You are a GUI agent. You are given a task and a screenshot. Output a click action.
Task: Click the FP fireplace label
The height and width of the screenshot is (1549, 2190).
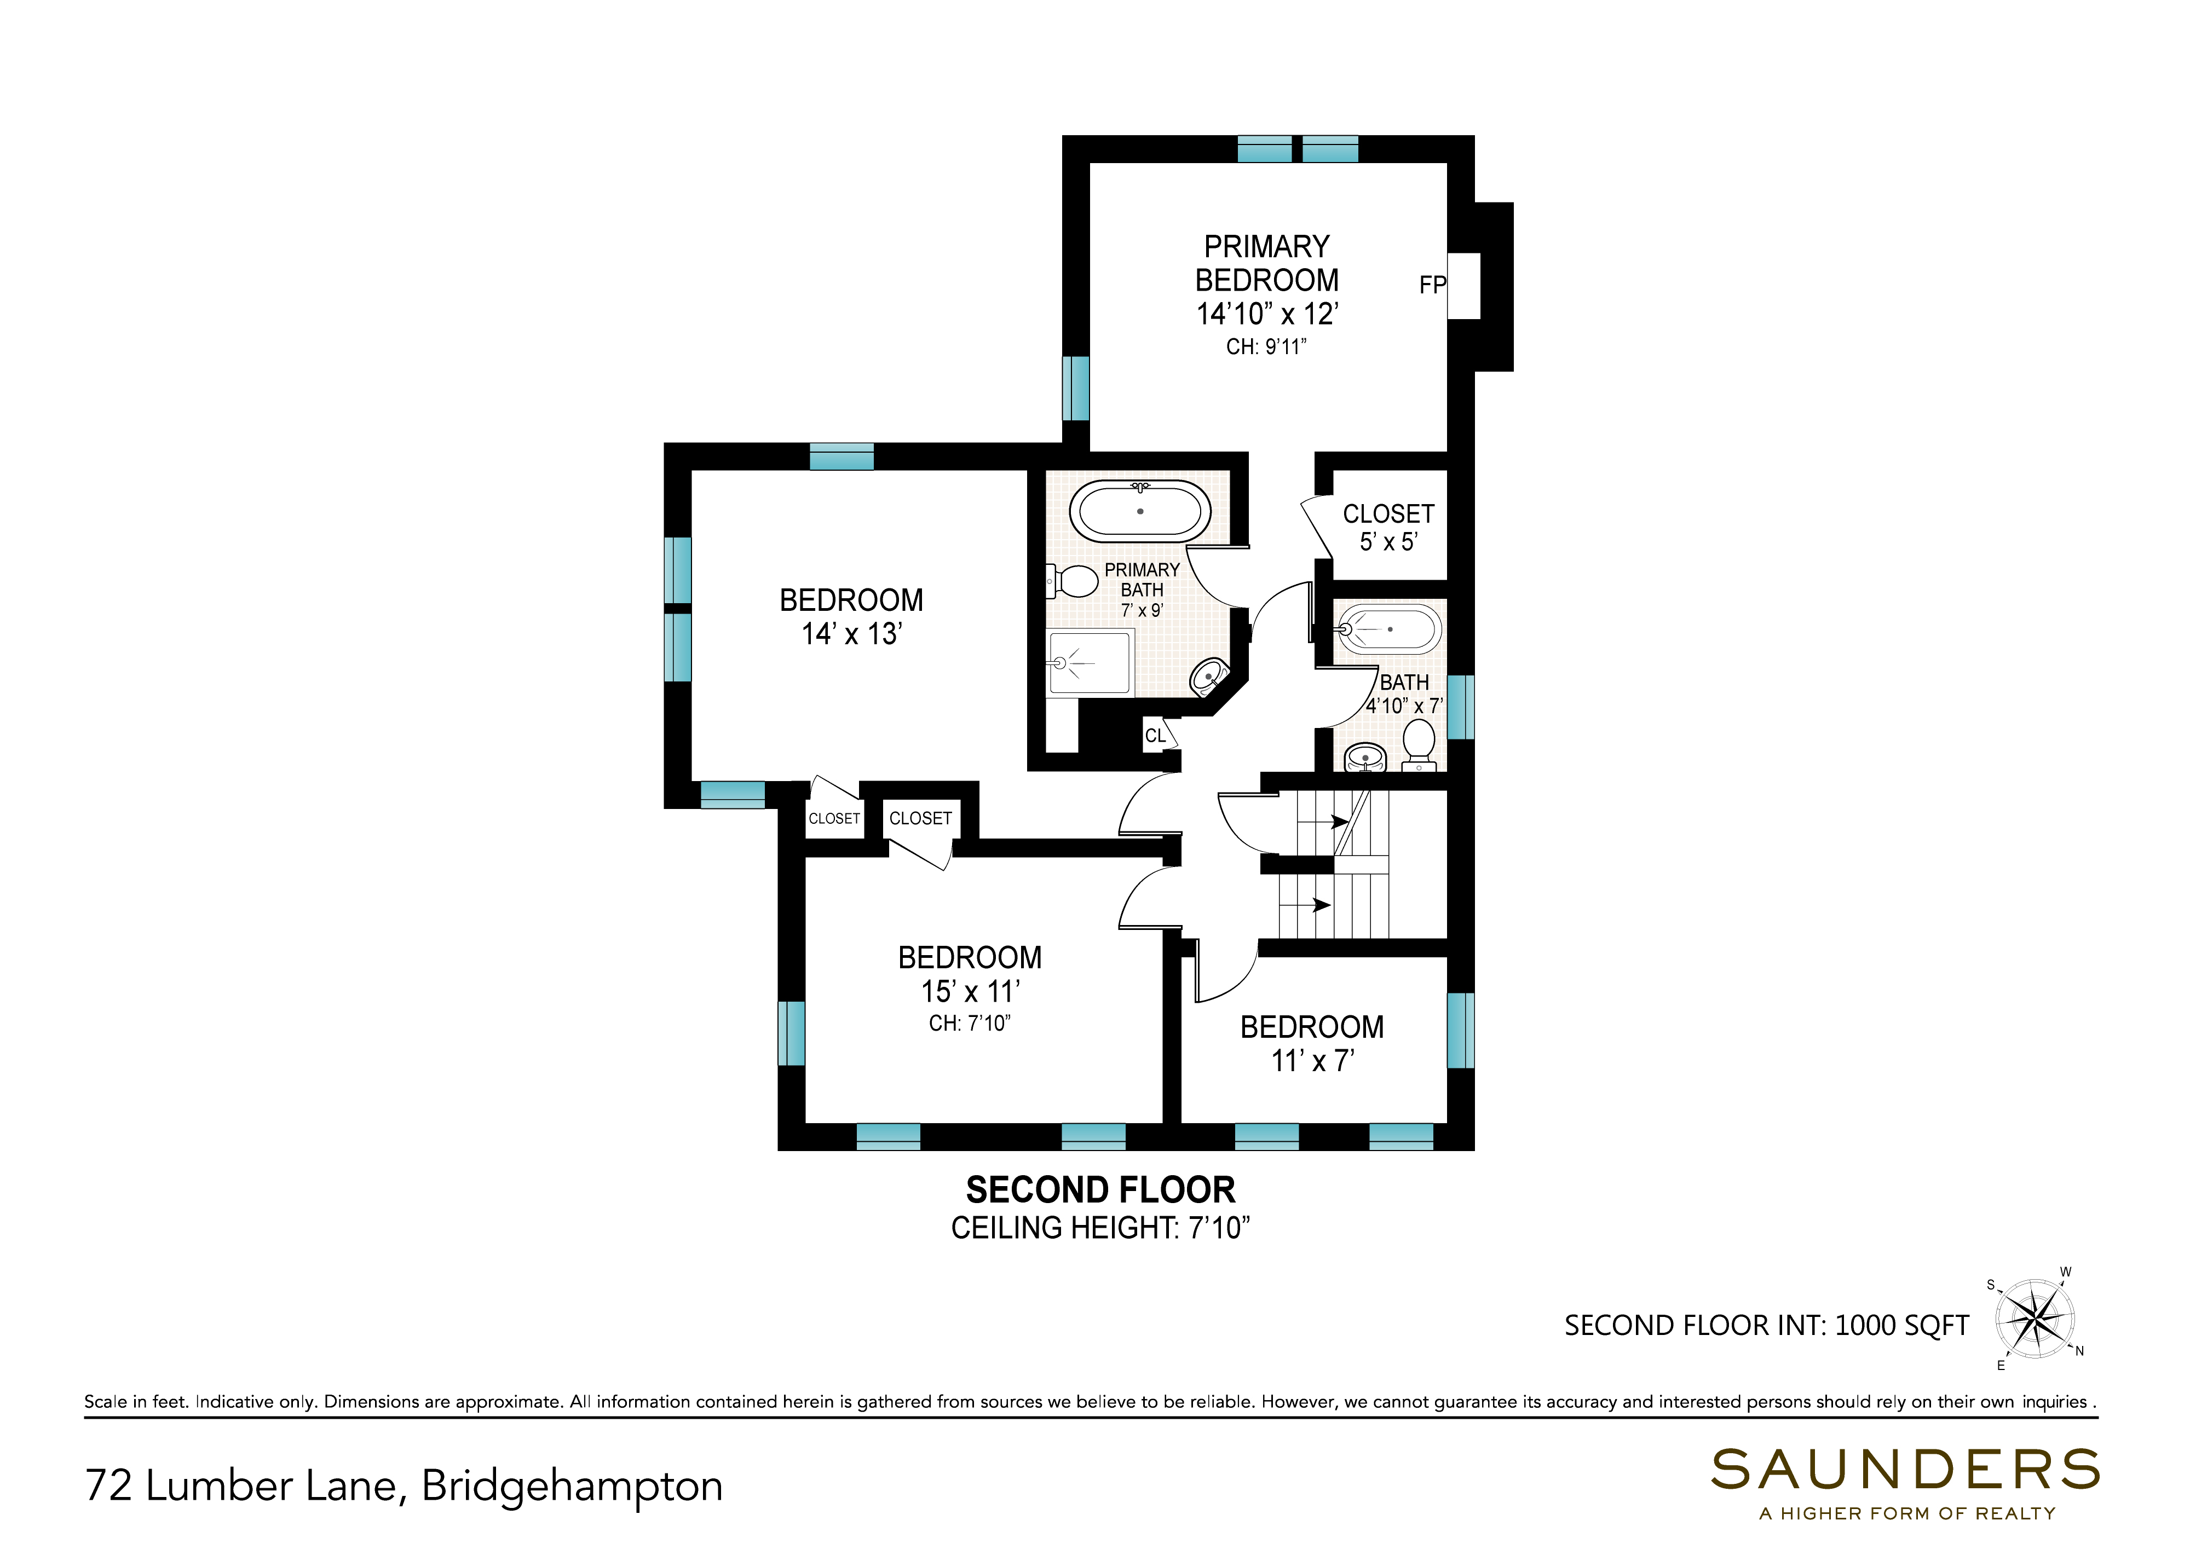click(x=1433, y=285)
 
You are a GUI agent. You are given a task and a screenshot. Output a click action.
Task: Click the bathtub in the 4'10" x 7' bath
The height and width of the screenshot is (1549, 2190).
click(x=1388, y=629)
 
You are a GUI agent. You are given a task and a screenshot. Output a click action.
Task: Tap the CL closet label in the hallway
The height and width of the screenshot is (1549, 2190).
click(x=1155, y=736)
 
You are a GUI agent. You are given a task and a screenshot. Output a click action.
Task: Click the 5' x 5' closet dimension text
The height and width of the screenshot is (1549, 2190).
click(x=1389, y=542)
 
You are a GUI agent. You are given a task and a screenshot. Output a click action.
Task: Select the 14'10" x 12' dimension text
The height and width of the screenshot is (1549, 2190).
click(x=1267, y=314)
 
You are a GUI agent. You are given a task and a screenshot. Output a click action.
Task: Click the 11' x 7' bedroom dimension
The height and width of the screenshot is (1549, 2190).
click(x=1312, y=1061)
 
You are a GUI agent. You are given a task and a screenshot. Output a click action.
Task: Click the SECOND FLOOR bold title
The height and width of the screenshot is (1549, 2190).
click(x=1100, y=1190)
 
